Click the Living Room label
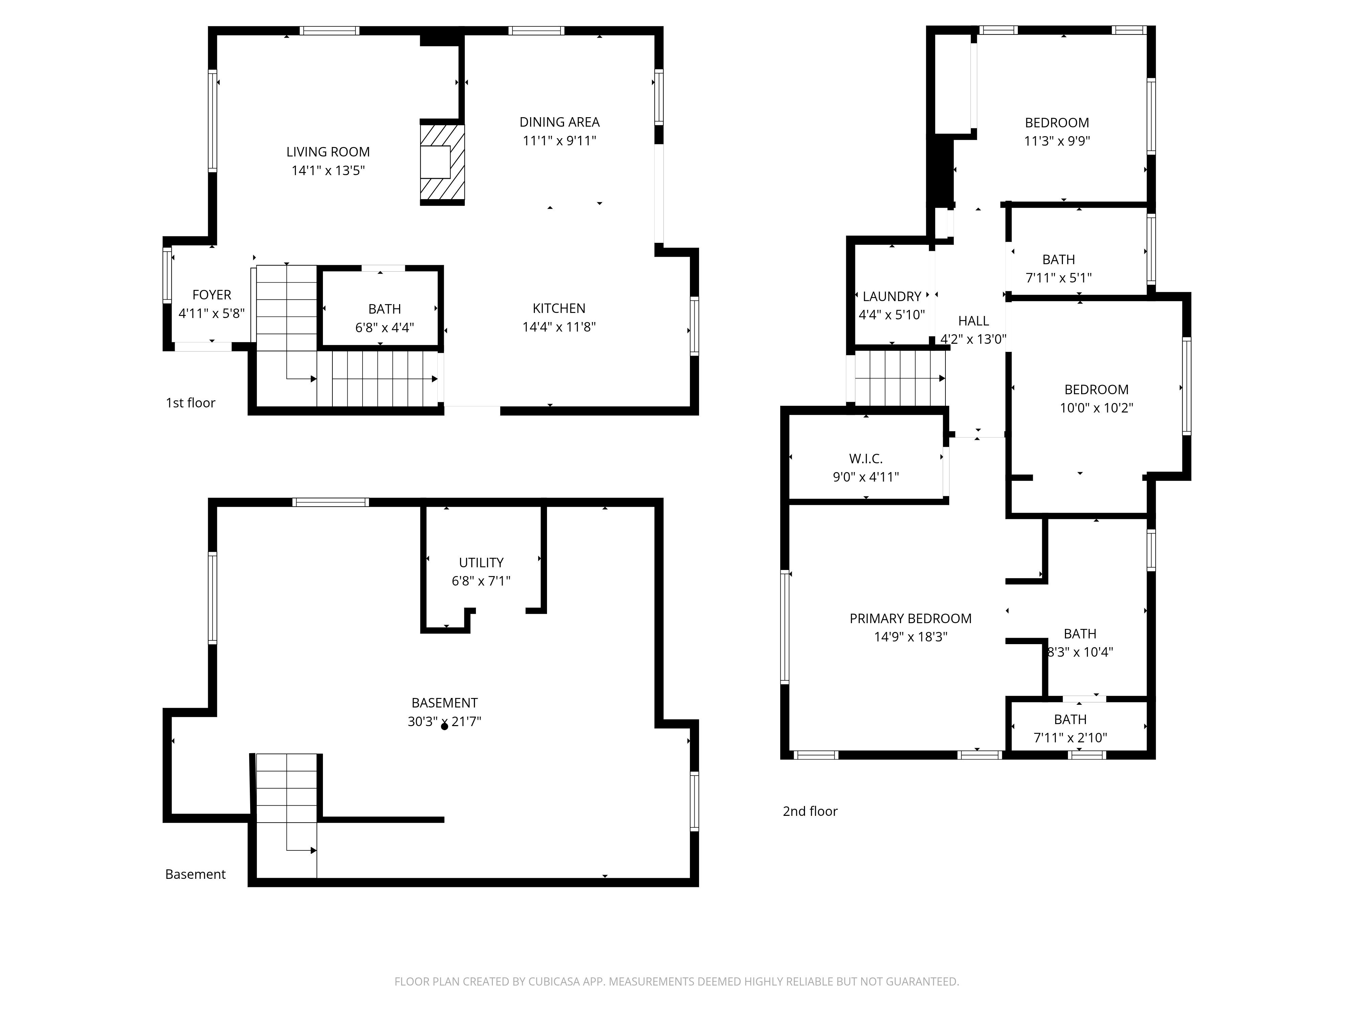coord(328,152)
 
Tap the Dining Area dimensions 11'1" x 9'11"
coord(560,141)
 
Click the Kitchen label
coord(559,309)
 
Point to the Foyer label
coord(212,295)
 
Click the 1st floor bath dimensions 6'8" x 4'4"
coord(385,327)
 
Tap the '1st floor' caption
coord(190,403)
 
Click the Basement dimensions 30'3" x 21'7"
coord(444,721)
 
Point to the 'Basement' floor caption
coord(195,874)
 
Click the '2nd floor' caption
coord(810,811)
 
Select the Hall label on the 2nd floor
coord(973,321)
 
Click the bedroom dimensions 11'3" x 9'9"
coord(1057,141)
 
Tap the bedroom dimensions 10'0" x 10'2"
coord(1096,408)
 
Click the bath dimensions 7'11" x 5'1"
coord(1058,278)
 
